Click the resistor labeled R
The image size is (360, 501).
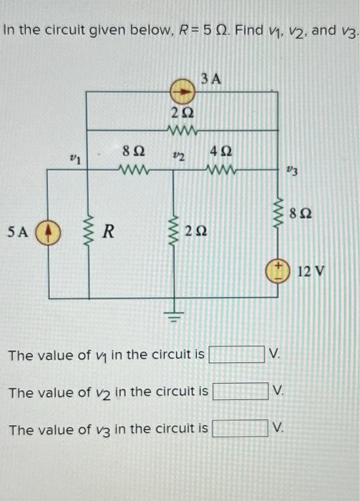87,231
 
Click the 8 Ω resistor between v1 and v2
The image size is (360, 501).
135,171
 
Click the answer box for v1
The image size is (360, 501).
236,354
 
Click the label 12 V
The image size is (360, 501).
312,271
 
